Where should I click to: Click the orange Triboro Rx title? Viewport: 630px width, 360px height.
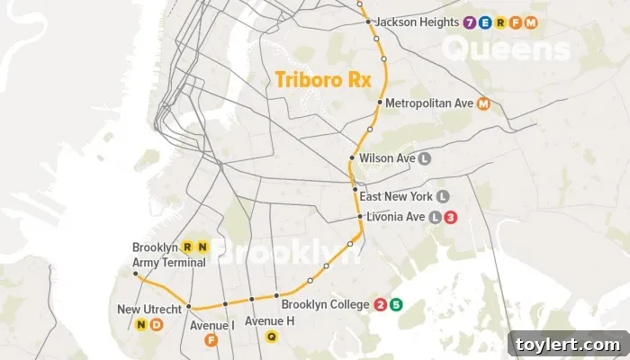(310, 78)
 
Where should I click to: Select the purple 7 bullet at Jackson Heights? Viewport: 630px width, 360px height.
(469, 22)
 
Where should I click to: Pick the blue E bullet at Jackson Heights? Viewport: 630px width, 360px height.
(484, 22)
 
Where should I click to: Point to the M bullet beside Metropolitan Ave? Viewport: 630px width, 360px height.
(484, 103)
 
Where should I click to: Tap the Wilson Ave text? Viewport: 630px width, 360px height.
(387, 158)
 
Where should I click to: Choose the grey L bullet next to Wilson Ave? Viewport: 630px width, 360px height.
(425, 158)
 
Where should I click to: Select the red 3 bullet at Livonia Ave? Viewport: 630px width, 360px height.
(451, 217)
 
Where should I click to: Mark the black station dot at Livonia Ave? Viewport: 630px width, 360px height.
(358, 217)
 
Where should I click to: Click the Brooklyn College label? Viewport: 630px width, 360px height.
(325, 305)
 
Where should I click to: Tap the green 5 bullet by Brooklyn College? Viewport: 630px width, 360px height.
(395, 305)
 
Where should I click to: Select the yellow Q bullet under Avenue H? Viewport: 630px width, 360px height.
(271, 337)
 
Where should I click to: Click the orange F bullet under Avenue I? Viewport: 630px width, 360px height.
(211, 339)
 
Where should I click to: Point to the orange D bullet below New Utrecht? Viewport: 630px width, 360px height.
(155, 325)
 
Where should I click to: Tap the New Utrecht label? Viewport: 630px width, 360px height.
(150, 310)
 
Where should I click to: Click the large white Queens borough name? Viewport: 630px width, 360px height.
(507, 49)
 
